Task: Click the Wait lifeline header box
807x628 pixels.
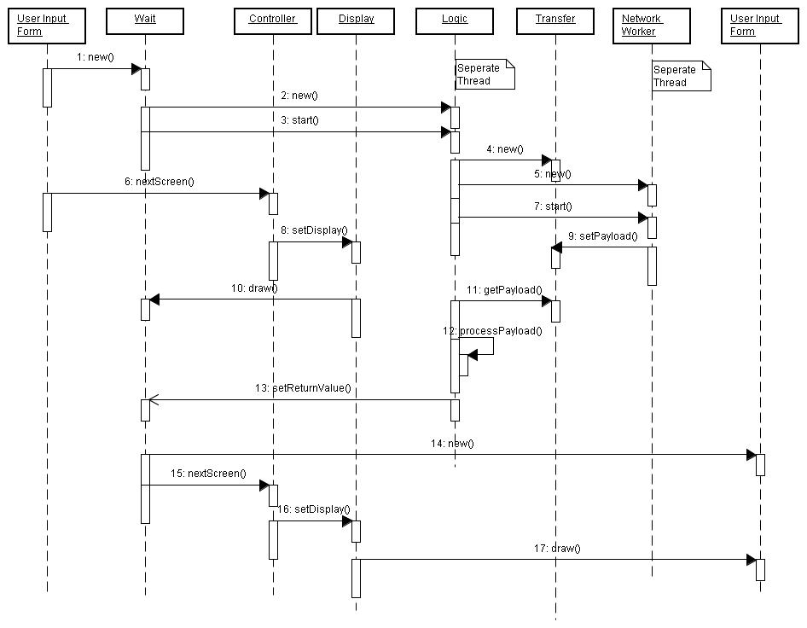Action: (x=145, y=20)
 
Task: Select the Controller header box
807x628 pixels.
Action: (x=272, y=20)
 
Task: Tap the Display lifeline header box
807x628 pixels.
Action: (x=356, y=20)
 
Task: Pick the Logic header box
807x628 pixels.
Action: (x=455, y=20)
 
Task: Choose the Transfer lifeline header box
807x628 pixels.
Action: (x=555, y=20)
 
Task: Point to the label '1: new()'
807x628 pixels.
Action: (x=95, y=57)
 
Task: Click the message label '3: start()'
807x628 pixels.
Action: (x=299, y=120)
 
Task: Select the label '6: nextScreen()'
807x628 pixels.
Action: (x=165, y=181)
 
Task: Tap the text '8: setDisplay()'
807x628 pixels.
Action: (x=314, y=230)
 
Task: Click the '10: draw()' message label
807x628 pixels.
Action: (x=254, y=288)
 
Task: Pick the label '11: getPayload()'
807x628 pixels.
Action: (x=504, y=290)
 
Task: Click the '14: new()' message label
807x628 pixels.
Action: (x=452, y=444)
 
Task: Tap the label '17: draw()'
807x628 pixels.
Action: (x=560, y=549)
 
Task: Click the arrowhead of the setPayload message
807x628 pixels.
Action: (x=557, y=247)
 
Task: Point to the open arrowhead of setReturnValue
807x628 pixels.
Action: (x=154, y=399)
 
